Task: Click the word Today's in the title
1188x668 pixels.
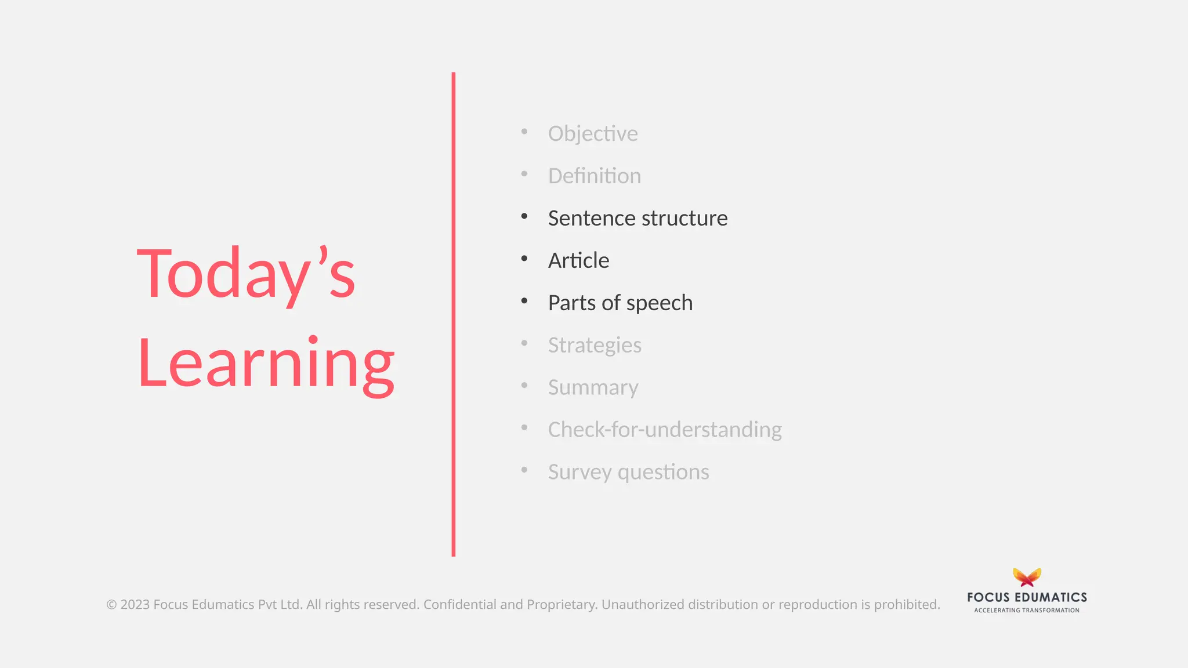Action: point(246,274)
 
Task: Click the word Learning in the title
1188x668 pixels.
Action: point(266,364)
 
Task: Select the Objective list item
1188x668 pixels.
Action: point(592,133)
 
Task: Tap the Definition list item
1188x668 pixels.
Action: point(594,176)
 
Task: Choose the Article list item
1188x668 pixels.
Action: point(578,260)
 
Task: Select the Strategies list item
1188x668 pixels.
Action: point(594,345)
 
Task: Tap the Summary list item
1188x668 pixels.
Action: point(593,387)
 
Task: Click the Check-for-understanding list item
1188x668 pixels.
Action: point(665,430)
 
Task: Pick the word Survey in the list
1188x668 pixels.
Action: point(579,472)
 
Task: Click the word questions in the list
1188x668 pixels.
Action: point(663,472)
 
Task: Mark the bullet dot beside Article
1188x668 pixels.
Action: point(524,259)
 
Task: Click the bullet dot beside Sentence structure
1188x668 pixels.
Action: point(524,216)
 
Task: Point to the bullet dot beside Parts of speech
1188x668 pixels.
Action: point(524,301)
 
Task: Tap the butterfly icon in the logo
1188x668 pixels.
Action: point(1027,577)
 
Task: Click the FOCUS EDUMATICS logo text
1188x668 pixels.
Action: point(1027,597)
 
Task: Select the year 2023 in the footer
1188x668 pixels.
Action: point(135,604)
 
